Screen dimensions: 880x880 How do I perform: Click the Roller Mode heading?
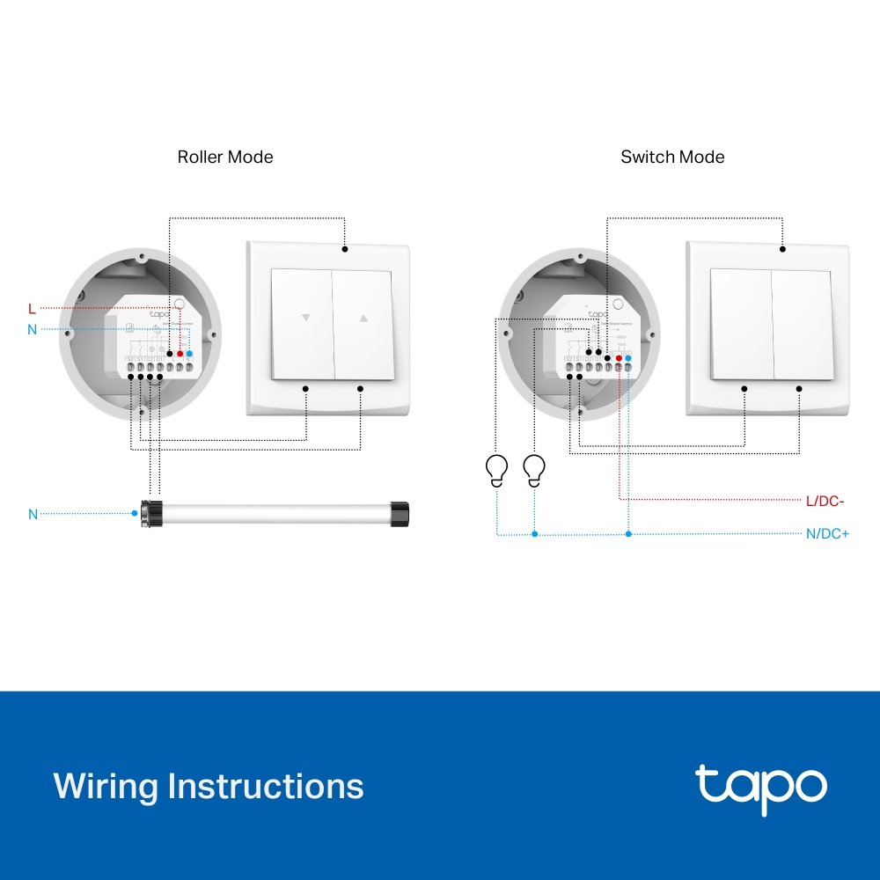225,158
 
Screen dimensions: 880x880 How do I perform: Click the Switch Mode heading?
672,158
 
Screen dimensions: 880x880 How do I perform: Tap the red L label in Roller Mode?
32,309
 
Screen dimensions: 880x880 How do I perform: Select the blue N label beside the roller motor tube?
33,514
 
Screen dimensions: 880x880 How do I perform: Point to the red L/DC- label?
825,501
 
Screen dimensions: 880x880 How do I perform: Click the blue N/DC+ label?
827,533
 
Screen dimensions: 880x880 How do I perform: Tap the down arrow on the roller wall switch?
305,319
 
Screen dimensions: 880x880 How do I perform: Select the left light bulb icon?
497,469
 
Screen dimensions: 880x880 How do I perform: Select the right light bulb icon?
533,469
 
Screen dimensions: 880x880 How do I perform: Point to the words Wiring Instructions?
209,785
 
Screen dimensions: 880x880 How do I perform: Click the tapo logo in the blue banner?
761,786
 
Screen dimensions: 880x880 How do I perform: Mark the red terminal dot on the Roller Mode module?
180,353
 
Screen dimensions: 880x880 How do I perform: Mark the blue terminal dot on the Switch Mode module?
627,358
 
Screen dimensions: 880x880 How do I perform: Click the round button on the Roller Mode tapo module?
179,305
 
